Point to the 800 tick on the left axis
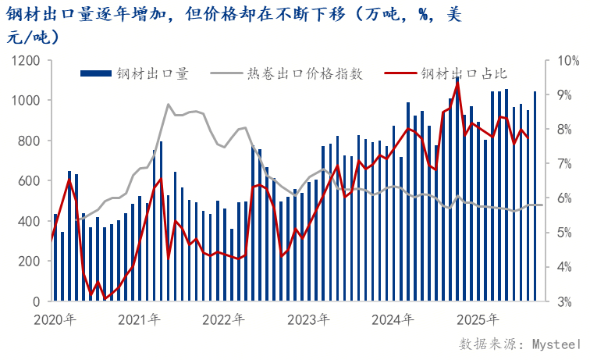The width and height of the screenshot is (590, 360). [x=30, y=141]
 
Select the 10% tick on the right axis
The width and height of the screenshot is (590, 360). [x=564, y=60]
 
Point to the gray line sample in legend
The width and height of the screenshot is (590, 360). [x=226, y=73]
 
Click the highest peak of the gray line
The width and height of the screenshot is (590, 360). [x=168, y=104]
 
